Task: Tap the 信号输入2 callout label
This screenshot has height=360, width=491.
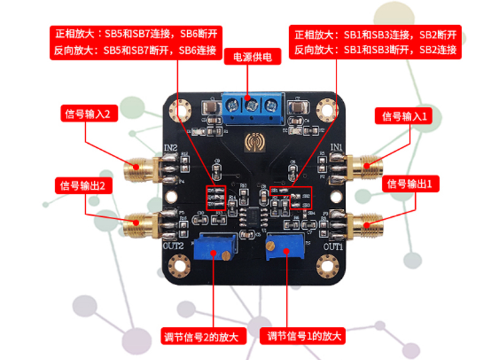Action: tap(87, 115)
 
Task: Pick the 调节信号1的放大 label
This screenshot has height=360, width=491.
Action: tap(304, 336)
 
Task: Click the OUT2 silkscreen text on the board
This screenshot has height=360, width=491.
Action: tap(175, 245)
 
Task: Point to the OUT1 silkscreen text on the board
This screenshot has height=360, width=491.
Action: tap(333, 246)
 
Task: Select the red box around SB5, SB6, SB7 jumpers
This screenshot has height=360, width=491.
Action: tap(217, 198)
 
